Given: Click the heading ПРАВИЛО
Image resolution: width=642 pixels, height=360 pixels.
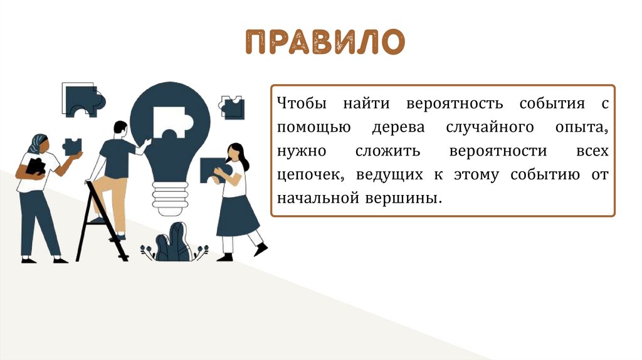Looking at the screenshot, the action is tap(325, 42).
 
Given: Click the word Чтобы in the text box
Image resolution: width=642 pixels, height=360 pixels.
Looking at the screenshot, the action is tap(302, 103).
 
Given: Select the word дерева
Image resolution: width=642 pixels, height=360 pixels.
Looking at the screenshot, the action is tap(398, 127).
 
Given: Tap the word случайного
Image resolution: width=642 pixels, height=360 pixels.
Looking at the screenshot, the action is tap(490, 128).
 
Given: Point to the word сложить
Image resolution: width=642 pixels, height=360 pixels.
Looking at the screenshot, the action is tap(387, 151).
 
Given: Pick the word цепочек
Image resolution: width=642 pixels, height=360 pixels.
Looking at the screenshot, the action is tap(311, 175).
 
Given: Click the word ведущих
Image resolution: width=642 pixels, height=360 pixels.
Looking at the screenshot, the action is tap(389, 175).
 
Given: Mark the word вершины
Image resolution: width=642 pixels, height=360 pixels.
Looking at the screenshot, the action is tap(404, 199).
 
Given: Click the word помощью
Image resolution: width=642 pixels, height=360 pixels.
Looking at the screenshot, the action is tap(313, 127).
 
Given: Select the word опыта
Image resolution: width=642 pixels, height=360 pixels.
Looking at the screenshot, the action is tap(582, 128).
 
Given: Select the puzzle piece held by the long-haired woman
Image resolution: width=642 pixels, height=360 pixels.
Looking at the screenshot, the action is tap(214, 170).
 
